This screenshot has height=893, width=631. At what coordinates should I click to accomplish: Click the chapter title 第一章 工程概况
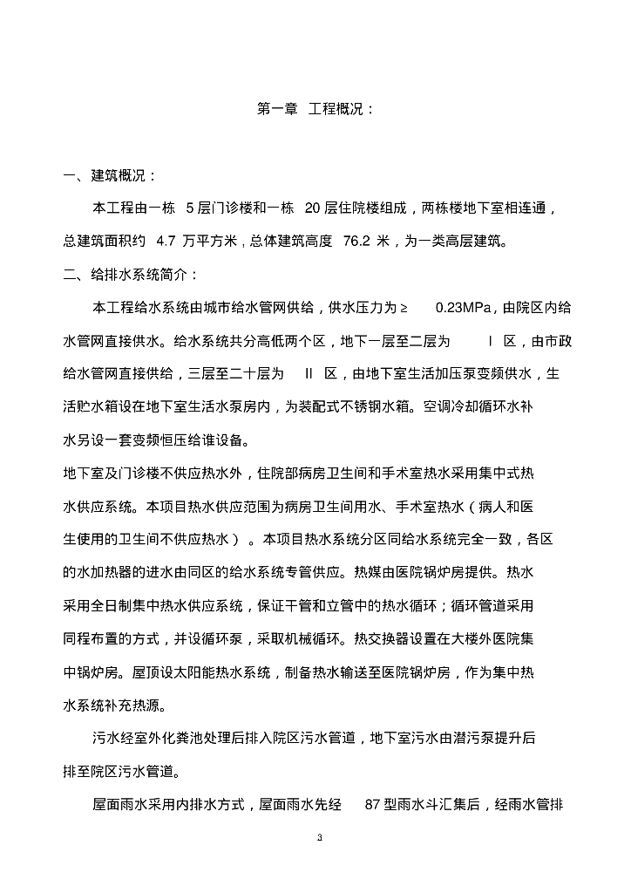(x=315, y=109)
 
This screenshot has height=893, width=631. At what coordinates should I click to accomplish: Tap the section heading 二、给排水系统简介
(x=126, y=274)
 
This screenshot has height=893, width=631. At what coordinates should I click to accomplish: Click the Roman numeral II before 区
(x=309, y=373)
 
